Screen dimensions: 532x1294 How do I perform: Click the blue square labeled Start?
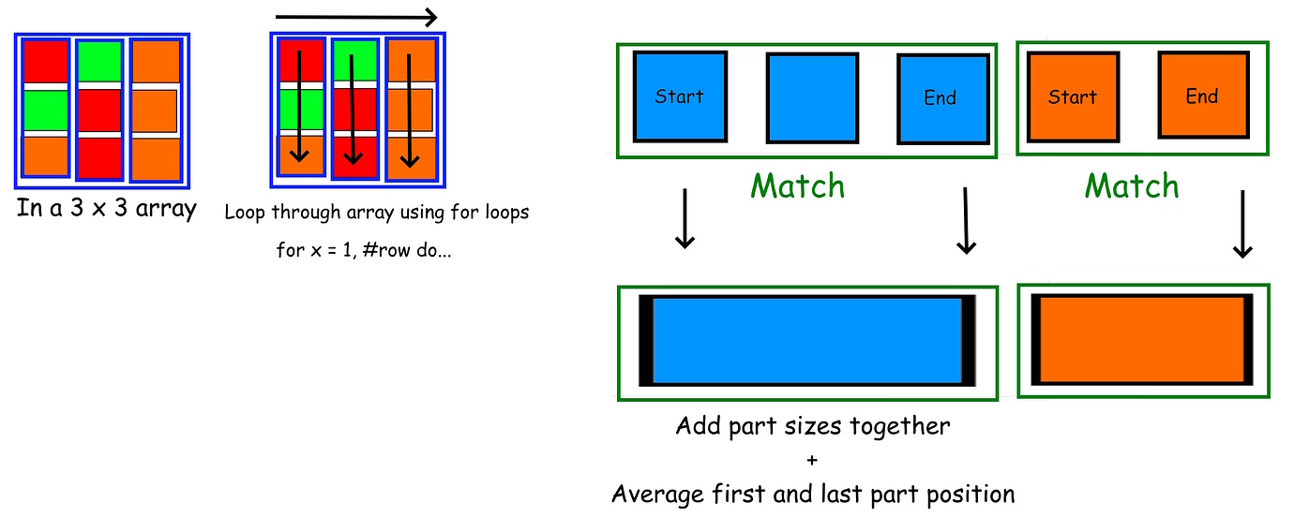click(x=680, y=96)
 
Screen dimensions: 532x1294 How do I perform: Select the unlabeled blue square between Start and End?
click(x=812, y=97)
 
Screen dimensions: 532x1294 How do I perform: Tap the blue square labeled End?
click(x=942, y=98)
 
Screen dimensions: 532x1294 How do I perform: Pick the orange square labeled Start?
click(x=1073, y=96)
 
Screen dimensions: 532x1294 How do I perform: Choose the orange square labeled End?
click(x=1202, y=96)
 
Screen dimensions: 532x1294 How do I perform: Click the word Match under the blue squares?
click(x=798, y=185)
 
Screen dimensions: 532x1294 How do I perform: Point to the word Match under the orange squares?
click(x=1132, y=185)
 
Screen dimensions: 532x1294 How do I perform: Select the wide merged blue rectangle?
click(x=806, y=341)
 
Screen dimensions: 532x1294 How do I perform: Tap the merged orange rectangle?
click(x=1142, y=340)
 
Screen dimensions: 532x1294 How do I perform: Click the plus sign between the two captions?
click(x=812, y=460)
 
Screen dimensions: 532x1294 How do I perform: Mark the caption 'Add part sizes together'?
click(x=812, y=427)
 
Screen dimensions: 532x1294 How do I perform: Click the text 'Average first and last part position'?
click(x=812, y=494)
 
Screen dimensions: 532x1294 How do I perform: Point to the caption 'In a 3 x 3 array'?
click(x=106, y=208)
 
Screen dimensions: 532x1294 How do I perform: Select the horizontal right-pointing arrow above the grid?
click(x=356, y=17)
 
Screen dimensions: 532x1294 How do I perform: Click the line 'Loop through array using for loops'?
click(x=376, y=213)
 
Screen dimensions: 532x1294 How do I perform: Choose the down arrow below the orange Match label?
click(x=1242, y=225)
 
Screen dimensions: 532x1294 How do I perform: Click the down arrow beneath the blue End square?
click(x=965, y=220)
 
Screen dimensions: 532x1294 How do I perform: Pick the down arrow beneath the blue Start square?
click(x=685, y=220)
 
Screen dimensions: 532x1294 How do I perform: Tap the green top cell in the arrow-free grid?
click(x=100, y=61)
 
